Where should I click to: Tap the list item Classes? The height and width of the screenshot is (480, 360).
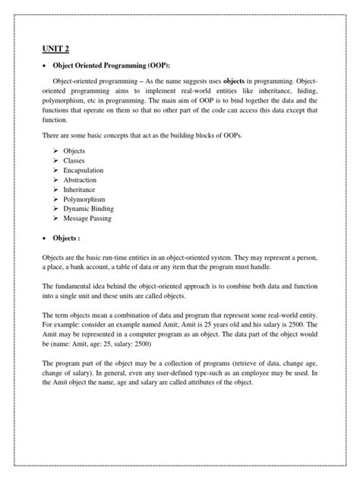click(x=74, y=162)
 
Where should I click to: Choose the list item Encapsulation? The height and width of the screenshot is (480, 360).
click(x=84, y=171)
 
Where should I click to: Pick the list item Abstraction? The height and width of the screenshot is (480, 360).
click(x=80, y=181)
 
